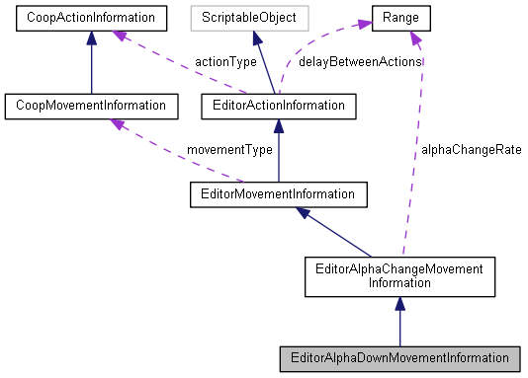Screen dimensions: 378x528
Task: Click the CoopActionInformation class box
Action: (x=91, y=17)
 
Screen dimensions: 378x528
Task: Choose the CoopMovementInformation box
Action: (x=91, y=104)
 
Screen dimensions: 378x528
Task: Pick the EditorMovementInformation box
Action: (x=279, y=193)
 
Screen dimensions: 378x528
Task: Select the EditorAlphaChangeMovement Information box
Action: (x=397, y=275)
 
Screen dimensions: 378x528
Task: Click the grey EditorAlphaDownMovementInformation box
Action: (x=397, y=356)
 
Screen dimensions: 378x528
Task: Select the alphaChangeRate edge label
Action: (x=471, y=150)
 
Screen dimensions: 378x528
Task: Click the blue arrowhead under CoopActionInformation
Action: (x=91, y=37)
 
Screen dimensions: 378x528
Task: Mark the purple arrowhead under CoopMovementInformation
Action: (x=117, y=121)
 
